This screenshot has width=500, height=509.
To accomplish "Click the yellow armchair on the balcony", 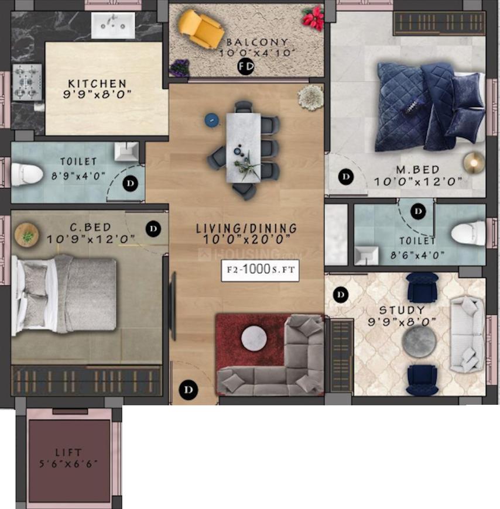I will (201, 27).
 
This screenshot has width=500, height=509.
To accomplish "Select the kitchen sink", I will (112, 25).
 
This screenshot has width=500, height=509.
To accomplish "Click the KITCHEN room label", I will (97, 84).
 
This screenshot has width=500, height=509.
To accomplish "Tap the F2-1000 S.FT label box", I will (260, 270).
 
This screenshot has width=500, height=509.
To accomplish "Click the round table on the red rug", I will (255, 338).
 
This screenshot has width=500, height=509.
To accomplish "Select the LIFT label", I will (69, 452).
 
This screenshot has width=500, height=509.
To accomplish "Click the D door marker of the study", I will (340, 295).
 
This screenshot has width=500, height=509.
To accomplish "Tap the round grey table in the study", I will (418, 339).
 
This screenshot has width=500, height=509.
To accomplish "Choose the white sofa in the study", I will (467, 334).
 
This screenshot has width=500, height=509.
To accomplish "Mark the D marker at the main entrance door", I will (189, 388).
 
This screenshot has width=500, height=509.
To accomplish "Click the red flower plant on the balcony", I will (314, 18).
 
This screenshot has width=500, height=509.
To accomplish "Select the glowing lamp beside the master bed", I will (472, 161).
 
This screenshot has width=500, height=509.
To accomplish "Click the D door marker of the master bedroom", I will (346, 176).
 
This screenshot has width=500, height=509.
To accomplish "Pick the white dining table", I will (243, 146).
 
